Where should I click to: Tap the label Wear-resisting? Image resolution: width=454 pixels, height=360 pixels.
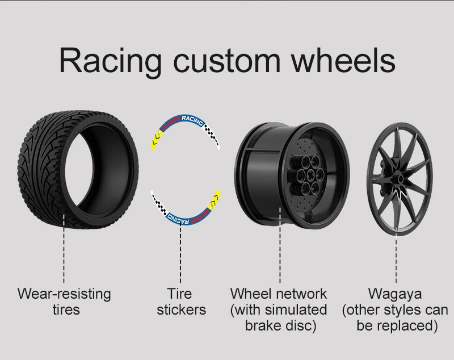pyautogui.click(x=64, y=294)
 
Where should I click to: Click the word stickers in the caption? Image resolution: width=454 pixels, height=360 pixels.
pyautogui.click(x=181, y=310)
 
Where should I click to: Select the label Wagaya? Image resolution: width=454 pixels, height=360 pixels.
pyautogui.click(x=396, y=294)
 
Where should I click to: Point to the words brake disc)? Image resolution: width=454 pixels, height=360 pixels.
pyautogui.click(x=280, y=326)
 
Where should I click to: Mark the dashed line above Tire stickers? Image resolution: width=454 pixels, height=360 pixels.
pyautogui.click(x=181, y=256)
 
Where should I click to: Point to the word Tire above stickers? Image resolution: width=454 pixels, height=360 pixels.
pyautogui.click(x=180, y=294)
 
